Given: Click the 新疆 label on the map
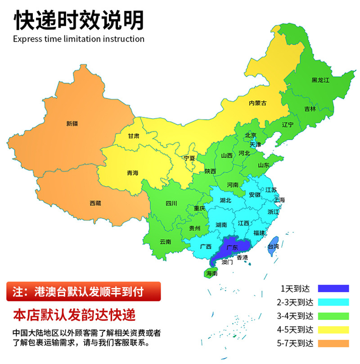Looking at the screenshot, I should coord(72,123).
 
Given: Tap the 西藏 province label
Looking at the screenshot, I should coord(95,203).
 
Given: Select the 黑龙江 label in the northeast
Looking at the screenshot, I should coord(320,80).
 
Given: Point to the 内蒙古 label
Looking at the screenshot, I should coord(257,103).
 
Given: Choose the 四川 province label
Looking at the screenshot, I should coord(171,203).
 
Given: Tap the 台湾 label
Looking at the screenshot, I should coord(273,246).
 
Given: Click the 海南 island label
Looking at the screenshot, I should coord(211,273).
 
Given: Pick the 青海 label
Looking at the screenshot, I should coord(133,173).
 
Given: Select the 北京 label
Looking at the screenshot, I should coord(251,135).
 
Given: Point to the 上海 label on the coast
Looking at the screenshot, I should coord(279,200).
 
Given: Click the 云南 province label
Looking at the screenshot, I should coord(165,241).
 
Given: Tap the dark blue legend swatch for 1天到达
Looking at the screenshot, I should coord(333,288).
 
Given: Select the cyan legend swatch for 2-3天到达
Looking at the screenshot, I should coord(333,302).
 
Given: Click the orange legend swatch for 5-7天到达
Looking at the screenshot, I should coord(333,344).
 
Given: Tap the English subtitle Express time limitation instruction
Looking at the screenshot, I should coord(79,39).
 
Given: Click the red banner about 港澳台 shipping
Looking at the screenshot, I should coord(83,291).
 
